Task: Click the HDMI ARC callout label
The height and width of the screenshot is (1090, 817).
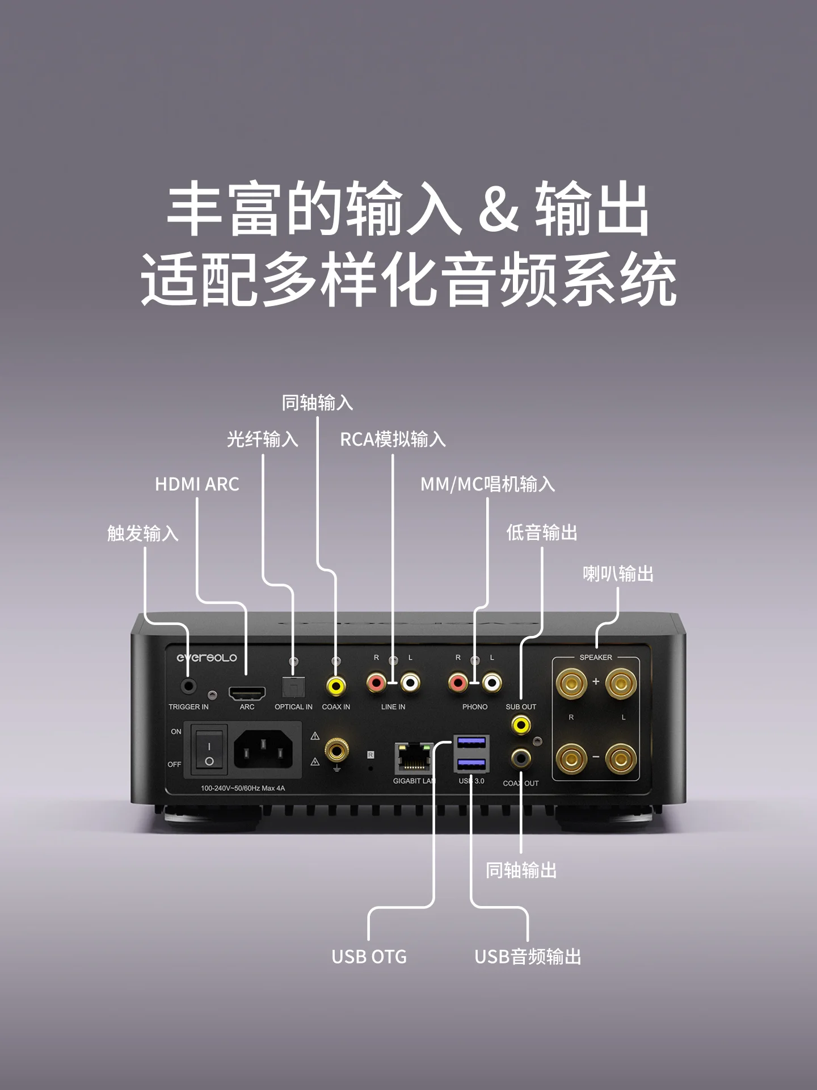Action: point(197,484)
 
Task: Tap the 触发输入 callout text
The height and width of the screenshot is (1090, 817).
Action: point(143,533)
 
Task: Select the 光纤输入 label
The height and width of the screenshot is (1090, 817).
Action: point(262,439)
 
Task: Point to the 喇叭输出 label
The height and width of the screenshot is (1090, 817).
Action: point(618,573)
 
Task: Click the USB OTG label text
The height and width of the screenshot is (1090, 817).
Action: point(369,957)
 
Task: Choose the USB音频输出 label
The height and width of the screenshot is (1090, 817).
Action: point(528,957)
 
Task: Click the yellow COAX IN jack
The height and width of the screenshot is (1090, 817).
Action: point(336,686)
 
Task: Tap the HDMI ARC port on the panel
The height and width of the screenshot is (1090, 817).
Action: point(247,694)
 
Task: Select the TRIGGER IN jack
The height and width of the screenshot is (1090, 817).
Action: point(188,686)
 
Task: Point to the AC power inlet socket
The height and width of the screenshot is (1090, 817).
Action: point(267,748)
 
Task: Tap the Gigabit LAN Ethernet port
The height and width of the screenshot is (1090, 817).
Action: point(414,758)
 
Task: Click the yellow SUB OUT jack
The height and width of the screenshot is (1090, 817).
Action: point(521,725)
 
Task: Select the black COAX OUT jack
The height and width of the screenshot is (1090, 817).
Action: point(521,757)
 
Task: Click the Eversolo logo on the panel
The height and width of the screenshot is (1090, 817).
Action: point(207,657)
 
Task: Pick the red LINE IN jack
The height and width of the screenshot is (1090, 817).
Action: point(376,683)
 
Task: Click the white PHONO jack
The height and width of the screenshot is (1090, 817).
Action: point(492,683)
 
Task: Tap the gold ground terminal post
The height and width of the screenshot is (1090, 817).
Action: point(336,751)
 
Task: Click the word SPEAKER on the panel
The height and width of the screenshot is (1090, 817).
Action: point(596,657)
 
